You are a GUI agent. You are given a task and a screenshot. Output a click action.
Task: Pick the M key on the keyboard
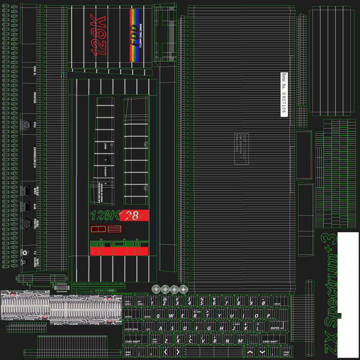pos(240,341)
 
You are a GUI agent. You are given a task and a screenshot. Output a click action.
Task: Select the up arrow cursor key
pos(250,351)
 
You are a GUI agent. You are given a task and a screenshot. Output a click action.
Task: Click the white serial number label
pos(284,94)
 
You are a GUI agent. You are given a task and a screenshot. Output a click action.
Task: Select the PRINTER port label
pos(35,97)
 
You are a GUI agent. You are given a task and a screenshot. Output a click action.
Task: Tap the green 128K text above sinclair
pos(104,215)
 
